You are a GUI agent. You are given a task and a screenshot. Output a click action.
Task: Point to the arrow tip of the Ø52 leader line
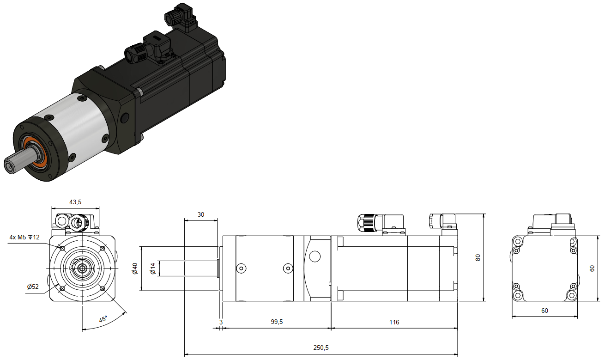(58, 284)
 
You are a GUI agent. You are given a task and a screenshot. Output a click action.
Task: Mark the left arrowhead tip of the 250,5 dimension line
(184, 354)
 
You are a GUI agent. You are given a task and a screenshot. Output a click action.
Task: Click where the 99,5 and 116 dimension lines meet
(331, 329)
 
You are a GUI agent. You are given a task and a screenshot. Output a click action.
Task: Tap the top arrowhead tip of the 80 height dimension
(483, 214)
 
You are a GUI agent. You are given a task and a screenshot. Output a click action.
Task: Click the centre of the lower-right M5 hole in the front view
(103, 289)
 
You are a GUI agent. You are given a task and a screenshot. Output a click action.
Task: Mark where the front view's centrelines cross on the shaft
(82, 268)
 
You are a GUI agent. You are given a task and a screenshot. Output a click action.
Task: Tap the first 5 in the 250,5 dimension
(318, 348)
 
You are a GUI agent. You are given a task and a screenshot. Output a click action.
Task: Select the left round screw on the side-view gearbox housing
(241, 268)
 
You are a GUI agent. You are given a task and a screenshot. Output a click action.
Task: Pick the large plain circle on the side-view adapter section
(315, 256)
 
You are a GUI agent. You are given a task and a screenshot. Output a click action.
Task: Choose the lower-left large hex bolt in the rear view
(518, 295)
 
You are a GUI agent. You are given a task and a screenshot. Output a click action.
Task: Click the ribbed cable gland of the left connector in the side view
(367, 223)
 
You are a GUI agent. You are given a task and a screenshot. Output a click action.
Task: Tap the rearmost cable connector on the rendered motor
(181, 18)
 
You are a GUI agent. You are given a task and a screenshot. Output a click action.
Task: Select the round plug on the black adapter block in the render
(125, 118)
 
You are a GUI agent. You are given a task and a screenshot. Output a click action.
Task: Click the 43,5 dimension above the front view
(75, 202)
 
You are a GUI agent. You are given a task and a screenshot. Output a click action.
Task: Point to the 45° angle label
(103, 319)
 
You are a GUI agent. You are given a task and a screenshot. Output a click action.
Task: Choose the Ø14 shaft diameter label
(153, 268)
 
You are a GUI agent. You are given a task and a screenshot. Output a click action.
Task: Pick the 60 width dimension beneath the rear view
(544, 311)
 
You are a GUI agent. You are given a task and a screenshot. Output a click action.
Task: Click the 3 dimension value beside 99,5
(221, 322)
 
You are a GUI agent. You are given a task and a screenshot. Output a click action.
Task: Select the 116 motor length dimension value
(394, 322)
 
